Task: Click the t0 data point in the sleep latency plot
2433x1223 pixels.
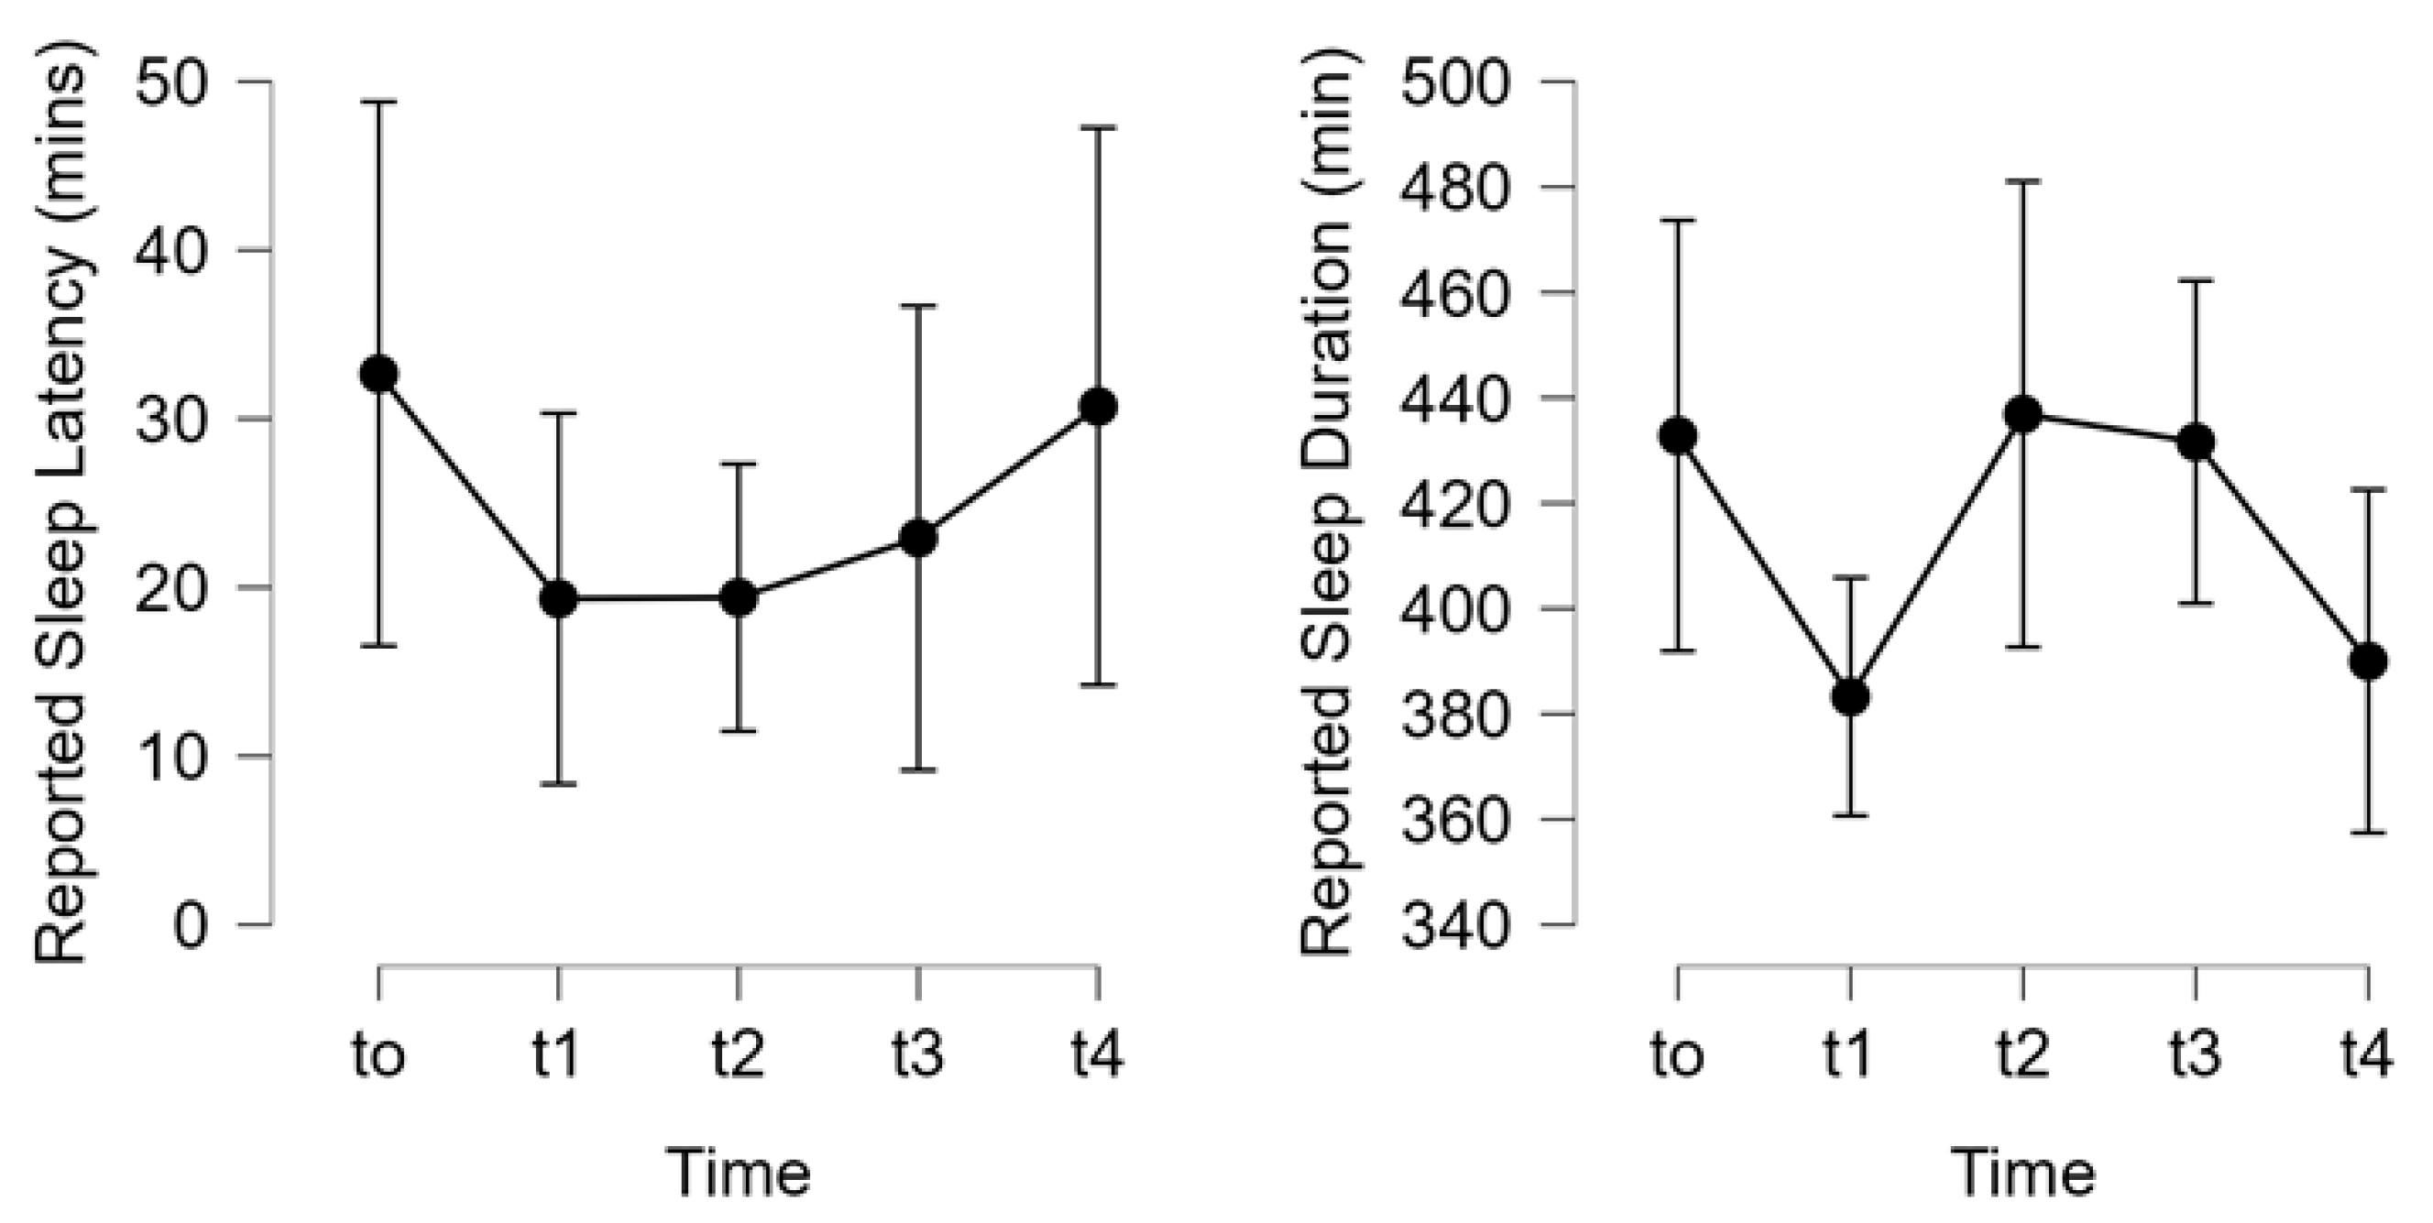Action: [378, 374]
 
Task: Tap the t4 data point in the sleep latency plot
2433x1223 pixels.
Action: [1098, 407]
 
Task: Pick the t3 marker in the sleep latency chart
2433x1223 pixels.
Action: [918, 540]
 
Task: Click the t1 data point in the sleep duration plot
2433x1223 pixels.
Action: [1850, 697]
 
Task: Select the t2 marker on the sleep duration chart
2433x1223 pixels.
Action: [2023, 414]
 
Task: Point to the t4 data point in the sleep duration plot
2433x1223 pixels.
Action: [2368, 661]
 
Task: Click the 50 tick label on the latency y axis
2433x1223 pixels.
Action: [170, 83]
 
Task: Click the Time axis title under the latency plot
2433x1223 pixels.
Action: [739, 1173]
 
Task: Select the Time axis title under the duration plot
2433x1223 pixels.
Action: [2023, 1173]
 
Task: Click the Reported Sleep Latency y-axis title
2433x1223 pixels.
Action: [62, 510]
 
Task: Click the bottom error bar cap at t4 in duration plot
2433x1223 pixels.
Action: [2368, 832]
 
